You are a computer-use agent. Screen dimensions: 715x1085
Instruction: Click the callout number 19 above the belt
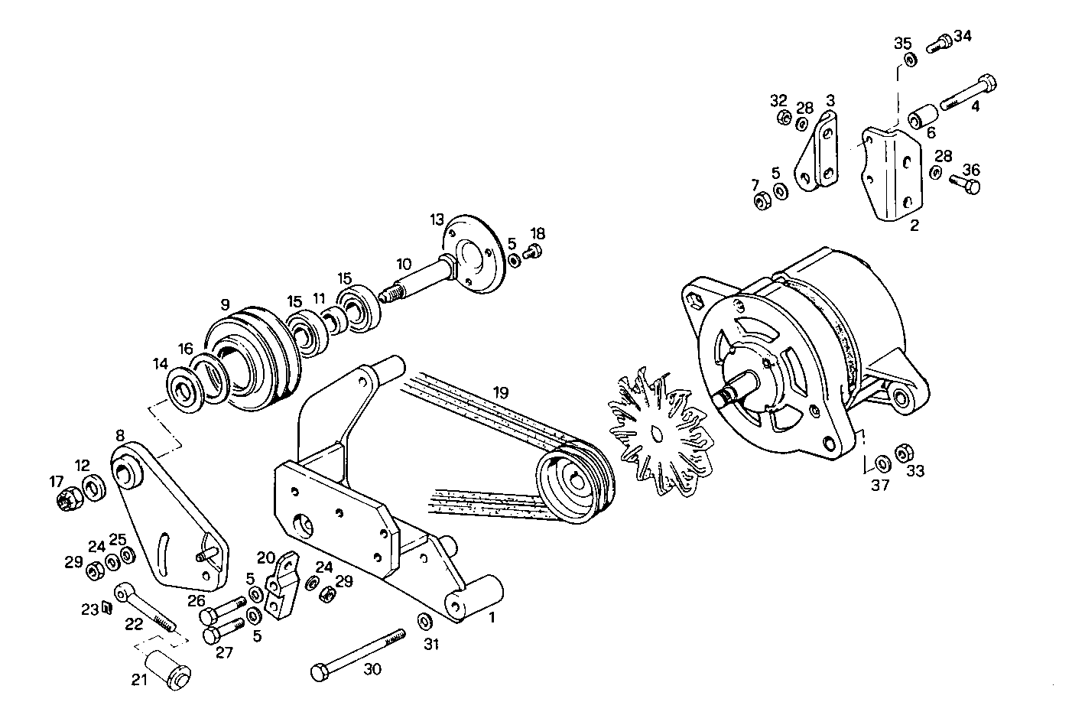point(500,393)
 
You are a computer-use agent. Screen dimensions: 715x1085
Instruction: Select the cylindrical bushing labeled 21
point(168,667)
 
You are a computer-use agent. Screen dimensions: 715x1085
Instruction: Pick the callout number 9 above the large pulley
point(225,304)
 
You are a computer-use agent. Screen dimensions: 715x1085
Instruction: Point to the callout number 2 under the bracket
point(914,226)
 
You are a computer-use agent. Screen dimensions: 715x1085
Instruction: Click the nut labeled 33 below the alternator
point(902,453)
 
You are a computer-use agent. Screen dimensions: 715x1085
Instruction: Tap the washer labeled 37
point(882,463)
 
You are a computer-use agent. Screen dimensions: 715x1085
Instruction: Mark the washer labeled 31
point(424,619)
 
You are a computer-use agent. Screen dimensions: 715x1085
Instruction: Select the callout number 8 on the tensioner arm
point(120,436)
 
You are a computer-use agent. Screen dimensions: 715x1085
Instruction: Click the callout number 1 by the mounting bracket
point(492,616)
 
